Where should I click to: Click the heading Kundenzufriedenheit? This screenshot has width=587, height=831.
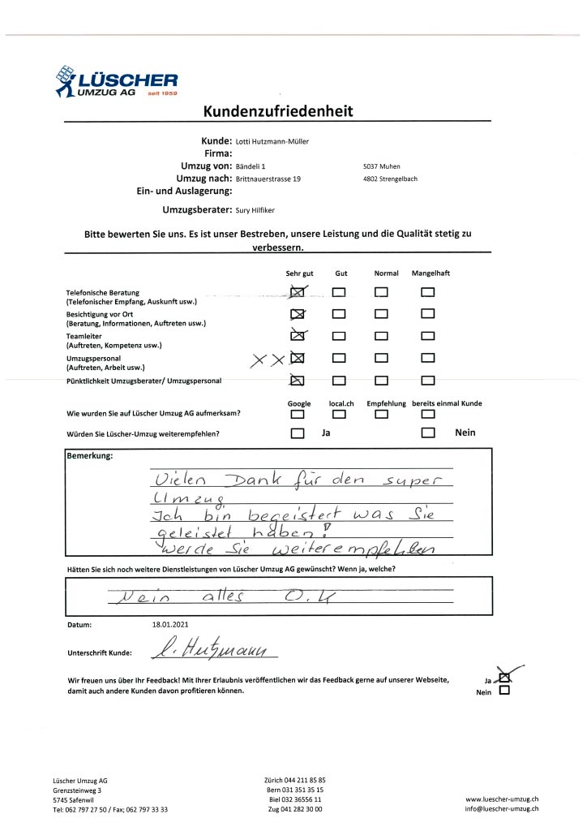277,111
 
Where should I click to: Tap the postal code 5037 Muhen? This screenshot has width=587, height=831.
383,166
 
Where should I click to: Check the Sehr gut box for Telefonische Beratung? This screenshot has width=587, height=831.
297,292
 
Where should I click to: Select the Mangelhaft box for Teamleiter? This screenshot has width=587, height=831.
428,334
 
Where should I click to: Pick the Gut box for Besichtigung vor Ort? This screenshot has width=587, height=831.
339,313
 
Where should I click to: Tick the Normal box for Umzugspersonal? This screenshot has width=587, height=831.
382,357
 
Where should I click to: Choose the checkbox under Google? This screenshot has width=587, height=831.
298,414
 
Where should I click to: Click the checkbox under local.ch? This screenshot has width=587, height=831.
339,414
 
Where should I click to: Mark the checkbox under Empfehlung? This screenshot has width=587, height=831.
382,414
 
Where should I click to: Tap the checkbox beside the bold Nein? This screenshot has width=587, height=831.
428,433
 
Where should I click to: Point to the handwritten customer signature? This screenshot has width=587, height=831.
216,649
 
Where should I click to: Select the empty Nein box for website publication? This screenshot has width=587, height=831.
505,691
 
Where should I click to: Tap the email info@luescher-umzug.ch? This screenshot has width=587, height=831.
502,809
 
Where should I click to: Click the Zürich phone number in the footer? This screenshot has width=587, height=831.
294,779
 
